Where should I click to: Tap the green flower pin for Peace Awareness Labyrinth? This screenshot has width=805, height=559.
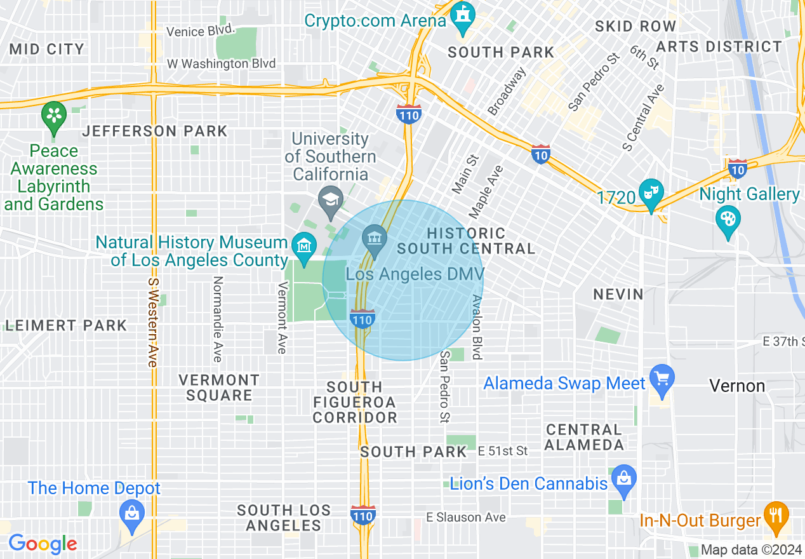coord(54,116)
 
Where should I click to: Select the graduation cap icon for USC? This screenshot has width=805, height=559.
coord(330,198)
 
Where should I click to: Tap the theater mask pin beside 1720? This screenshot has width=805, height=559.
coord(651,192)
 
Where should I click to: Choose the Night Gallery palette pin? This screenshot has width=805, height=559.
coord(728,219)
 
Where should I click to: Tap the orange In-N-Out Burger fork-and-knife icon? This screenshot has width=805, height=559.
coord(775,514)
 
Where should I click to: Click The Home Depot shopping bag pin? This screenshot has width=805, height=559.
coord(132,513)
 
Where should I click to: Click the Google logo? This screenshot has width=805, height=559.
coord(43,544)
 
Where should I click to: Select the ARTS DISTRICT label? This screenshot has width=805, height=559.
coord(719,46)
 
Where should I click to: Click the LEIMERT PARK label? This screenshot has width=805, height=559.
coord(66,325)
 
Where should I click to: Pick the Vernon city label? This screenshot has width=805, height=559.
coord(737,386)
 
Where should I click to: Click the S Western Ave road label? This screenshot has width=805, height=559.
coord(152,322)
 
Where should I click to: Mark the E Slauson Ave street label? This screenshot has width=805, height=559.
coord(466,517)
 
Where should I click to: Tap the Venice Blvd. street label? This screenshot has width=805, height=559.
coord(201,30)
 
